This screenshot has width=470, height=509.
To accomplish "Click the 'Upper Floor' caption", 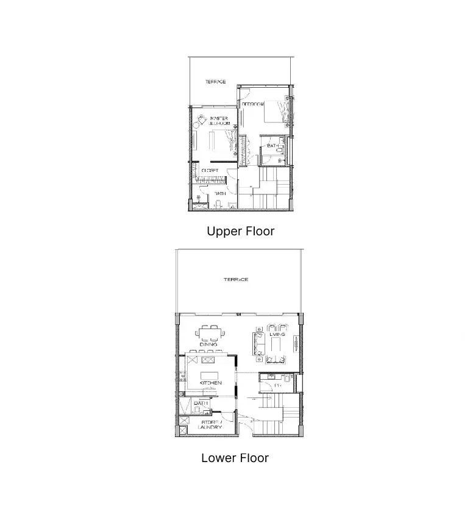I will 240,232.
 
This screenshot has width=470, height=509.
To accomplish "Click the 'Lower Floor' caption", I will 235,458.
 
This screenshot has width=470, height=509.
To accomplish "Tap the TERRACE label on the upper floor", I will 215,82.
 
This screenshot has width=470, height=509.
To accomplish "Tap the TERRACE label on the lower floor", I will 235,280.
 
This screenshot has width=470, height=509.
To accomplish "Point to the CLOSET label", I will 210,171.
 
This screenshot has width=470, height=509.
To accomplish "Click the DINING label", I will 208,344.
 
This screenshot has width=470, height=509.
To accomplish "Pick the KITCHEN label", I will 210,383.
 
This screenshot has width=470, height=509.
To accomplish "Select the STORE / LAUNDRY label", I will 211,424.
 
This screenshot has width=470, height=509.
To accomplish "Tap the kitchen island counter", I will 210,372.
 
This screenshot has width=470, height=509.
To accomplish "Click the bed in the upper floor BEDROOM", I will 273,112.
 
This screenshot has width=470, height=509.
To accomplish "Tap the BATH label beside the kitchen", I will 202,403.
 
